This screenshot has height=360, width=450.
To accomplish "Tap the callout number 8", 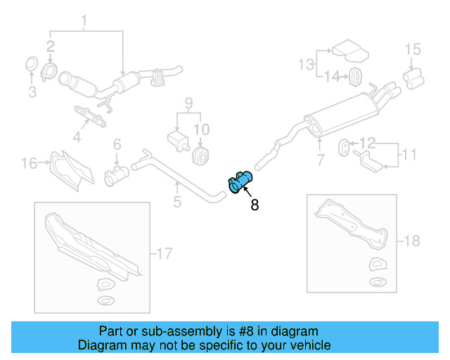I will (254, 205).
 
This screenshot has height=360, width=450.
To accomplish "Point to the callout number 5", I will (177, 202).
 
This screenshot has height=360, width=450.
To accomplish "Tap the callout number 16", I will (29, 164).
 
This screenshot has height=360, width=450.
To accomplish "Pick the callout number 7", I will (321, 160).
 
